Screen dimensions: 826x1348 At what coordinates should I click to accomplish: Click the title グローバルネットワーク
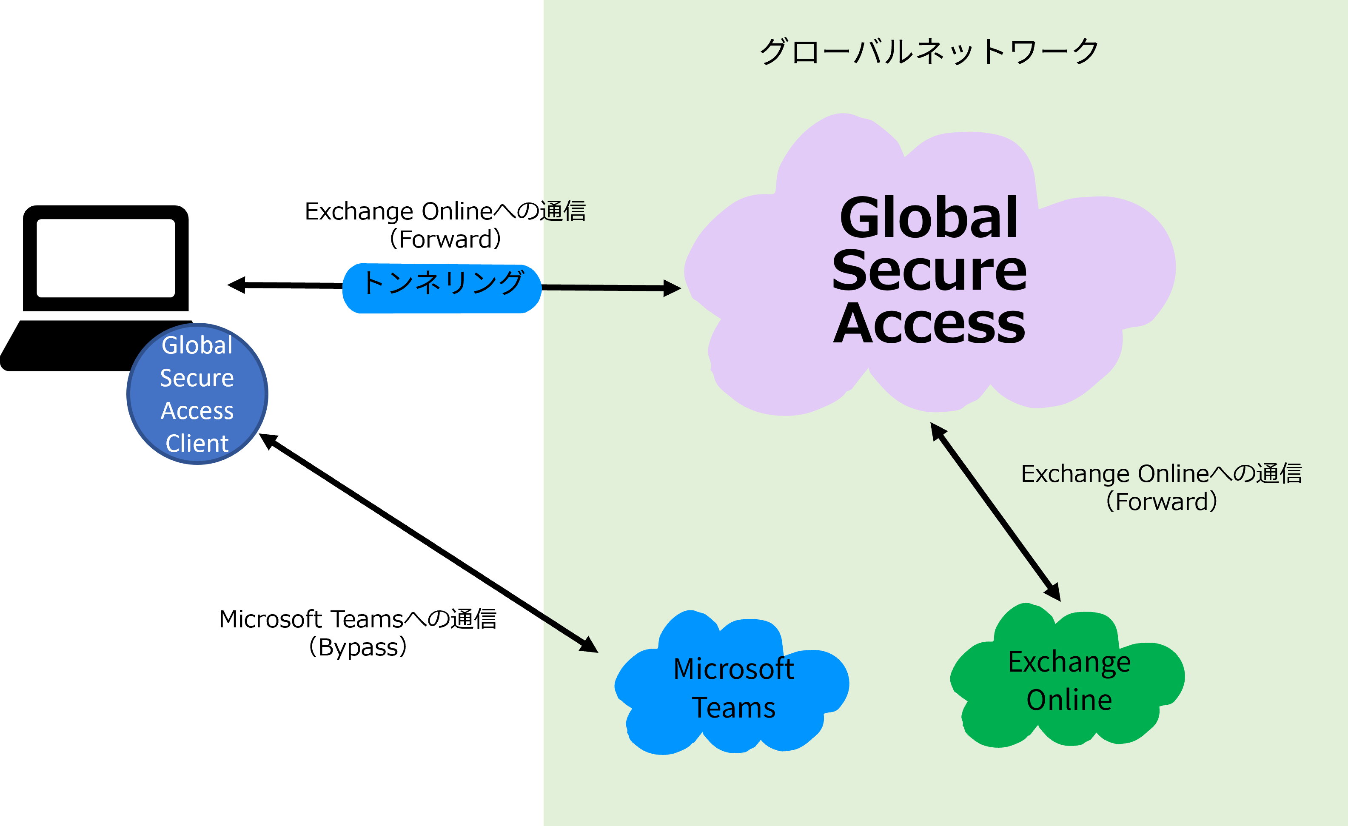[x=929, y=52]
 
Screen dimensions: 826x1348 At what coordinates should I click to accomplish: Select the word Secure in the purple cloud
[x=929, y=271]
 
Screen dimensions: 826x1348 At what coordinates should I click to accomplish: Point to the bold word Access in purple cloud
[x=929, y=324]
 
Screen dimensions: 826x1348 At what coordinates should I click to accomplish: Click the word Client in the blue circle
[x=197, y=443]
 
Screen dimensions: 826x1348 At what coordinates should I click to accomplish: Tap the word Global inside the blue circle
[x=197, y=346]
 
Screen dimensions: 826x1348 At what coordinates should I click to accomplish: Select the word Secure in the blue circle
[x=197, y=378]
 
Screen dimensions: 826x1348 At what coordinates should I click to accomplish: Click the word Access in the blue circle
[x=197, y=411]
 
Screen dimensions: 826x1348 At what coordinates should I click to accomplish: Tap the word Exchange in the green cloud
[x=1069, y=662]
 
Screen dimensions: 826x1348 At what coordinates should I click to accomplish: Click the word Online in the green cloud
[x=1069, y=700]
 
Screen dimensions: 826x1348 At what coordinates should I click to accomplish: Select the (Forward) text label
[x=1161, y=501]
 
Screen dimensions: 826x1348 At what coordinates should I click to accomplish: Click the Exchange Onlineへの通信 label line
[x=1161, y=473]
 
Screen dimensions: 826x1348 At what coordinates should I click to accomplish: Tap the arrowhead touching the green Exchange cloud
[x=1054, y=592]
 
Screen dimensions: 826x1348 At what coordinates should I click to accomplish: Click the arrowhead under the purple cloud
[x=937, y=430]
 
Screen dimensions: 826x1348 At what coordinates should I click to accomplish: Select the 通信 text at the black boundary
[x=564, y=211]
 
